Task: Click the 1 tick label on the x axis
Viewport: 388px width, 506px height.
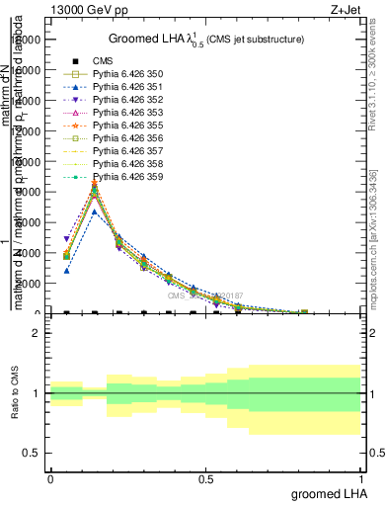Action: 361,477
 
